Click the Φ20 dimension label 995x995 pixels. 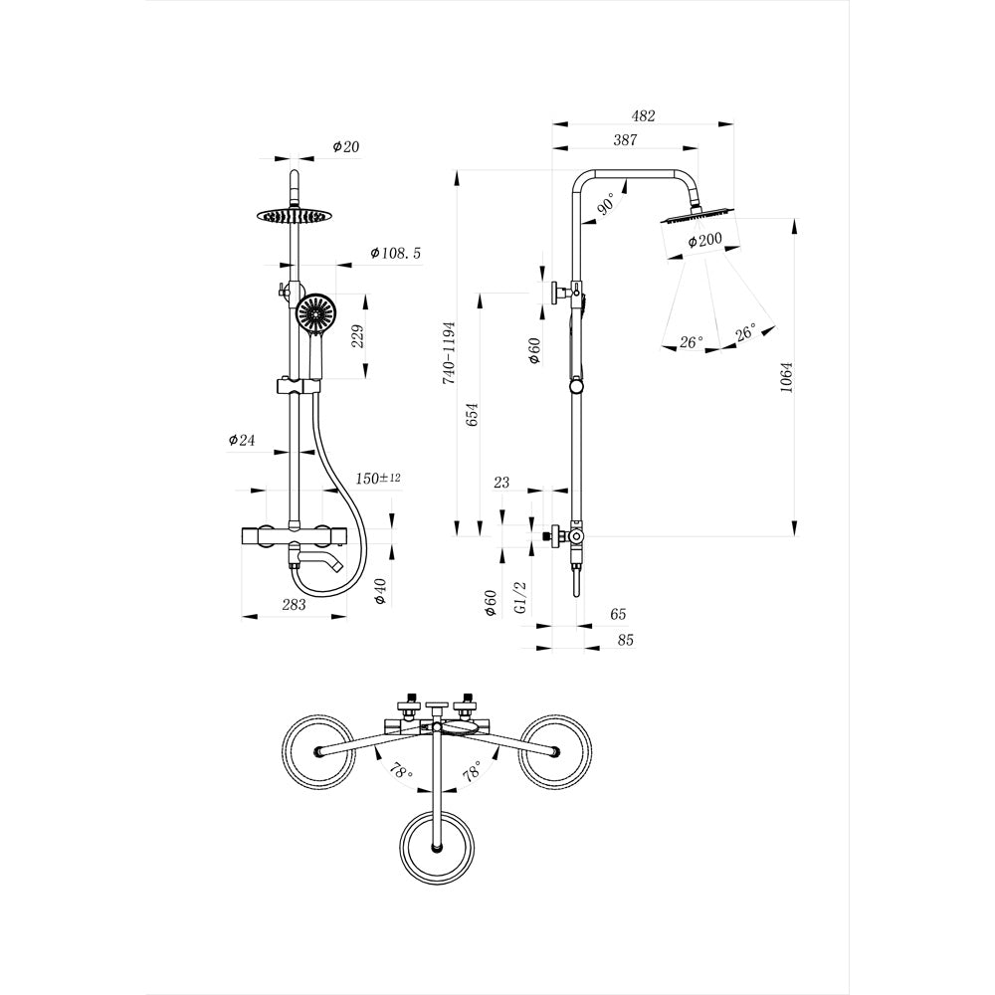[345, 146]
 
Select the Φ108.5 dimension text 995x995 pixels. [396, 254]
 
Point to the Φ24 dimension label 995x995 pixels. [242, 439]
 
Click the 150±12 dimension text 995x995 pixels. [378, 479]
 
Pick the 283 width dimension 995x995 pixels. [295, 604]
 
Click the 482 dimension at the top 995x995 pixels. [644, 115]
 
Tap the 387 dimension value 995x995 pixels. [624, 140]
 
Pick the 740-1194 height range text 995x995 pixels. [449, 353]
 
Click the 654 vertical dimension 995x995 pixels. [473, 415]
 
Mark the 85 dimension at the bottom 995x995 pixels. [625, 640]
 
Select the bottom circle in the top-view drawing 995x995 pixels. [437, 847]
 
